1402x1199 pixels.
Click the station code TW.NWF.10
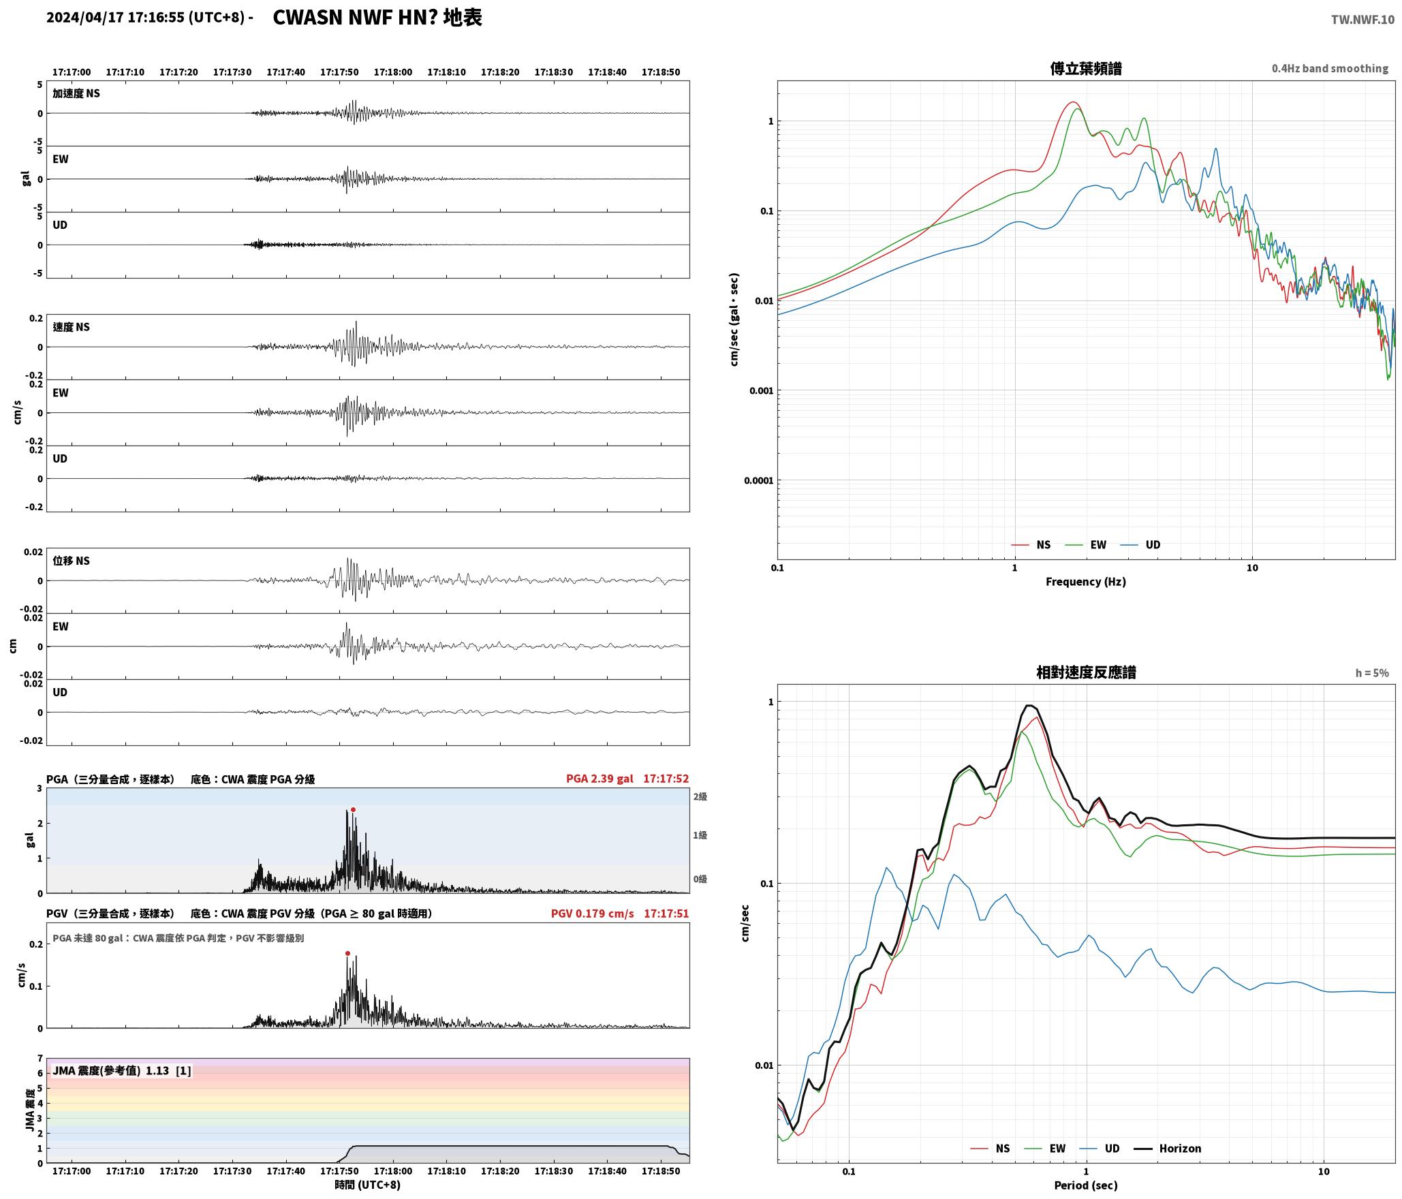coord(1362,20)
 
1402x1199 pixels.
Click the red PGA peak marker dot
coord(353,809)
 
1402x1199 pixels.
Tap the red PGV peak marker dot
coord(347,953)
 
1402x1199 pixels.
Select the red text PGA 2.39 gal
coord(599,779)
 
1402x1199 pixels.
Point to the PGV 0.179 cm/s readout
coord(592,913)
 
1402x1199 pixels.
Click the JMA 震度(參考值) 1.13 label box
coord(121,1070)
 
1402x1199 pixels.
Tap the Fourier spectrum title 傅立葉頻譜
coord(1086,69)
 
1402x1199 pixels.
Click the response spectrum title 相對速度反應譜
coord(1086,672)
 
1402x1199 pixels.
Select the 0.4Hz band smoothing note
coord(1330,69)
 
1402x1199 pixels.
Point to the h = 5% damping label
coord(1371,673)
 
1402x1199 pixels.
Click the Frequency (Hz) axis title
coord(1086,582)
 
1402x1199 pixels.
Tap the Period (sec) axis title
coord(1086,1185)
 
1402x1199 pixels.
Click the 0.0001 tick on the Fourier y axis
coord(758,480)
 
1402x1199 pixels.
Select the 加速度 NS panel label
coord(76,93)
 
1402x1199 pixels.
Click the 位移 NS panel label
coord(72,561)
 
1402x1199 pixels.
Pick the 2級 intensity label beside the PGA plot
coord(700,796)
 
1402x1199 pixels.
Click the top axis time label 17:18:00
coord(392,72)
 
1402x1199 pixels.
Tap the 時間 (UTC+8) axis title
coord(367,1185)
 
